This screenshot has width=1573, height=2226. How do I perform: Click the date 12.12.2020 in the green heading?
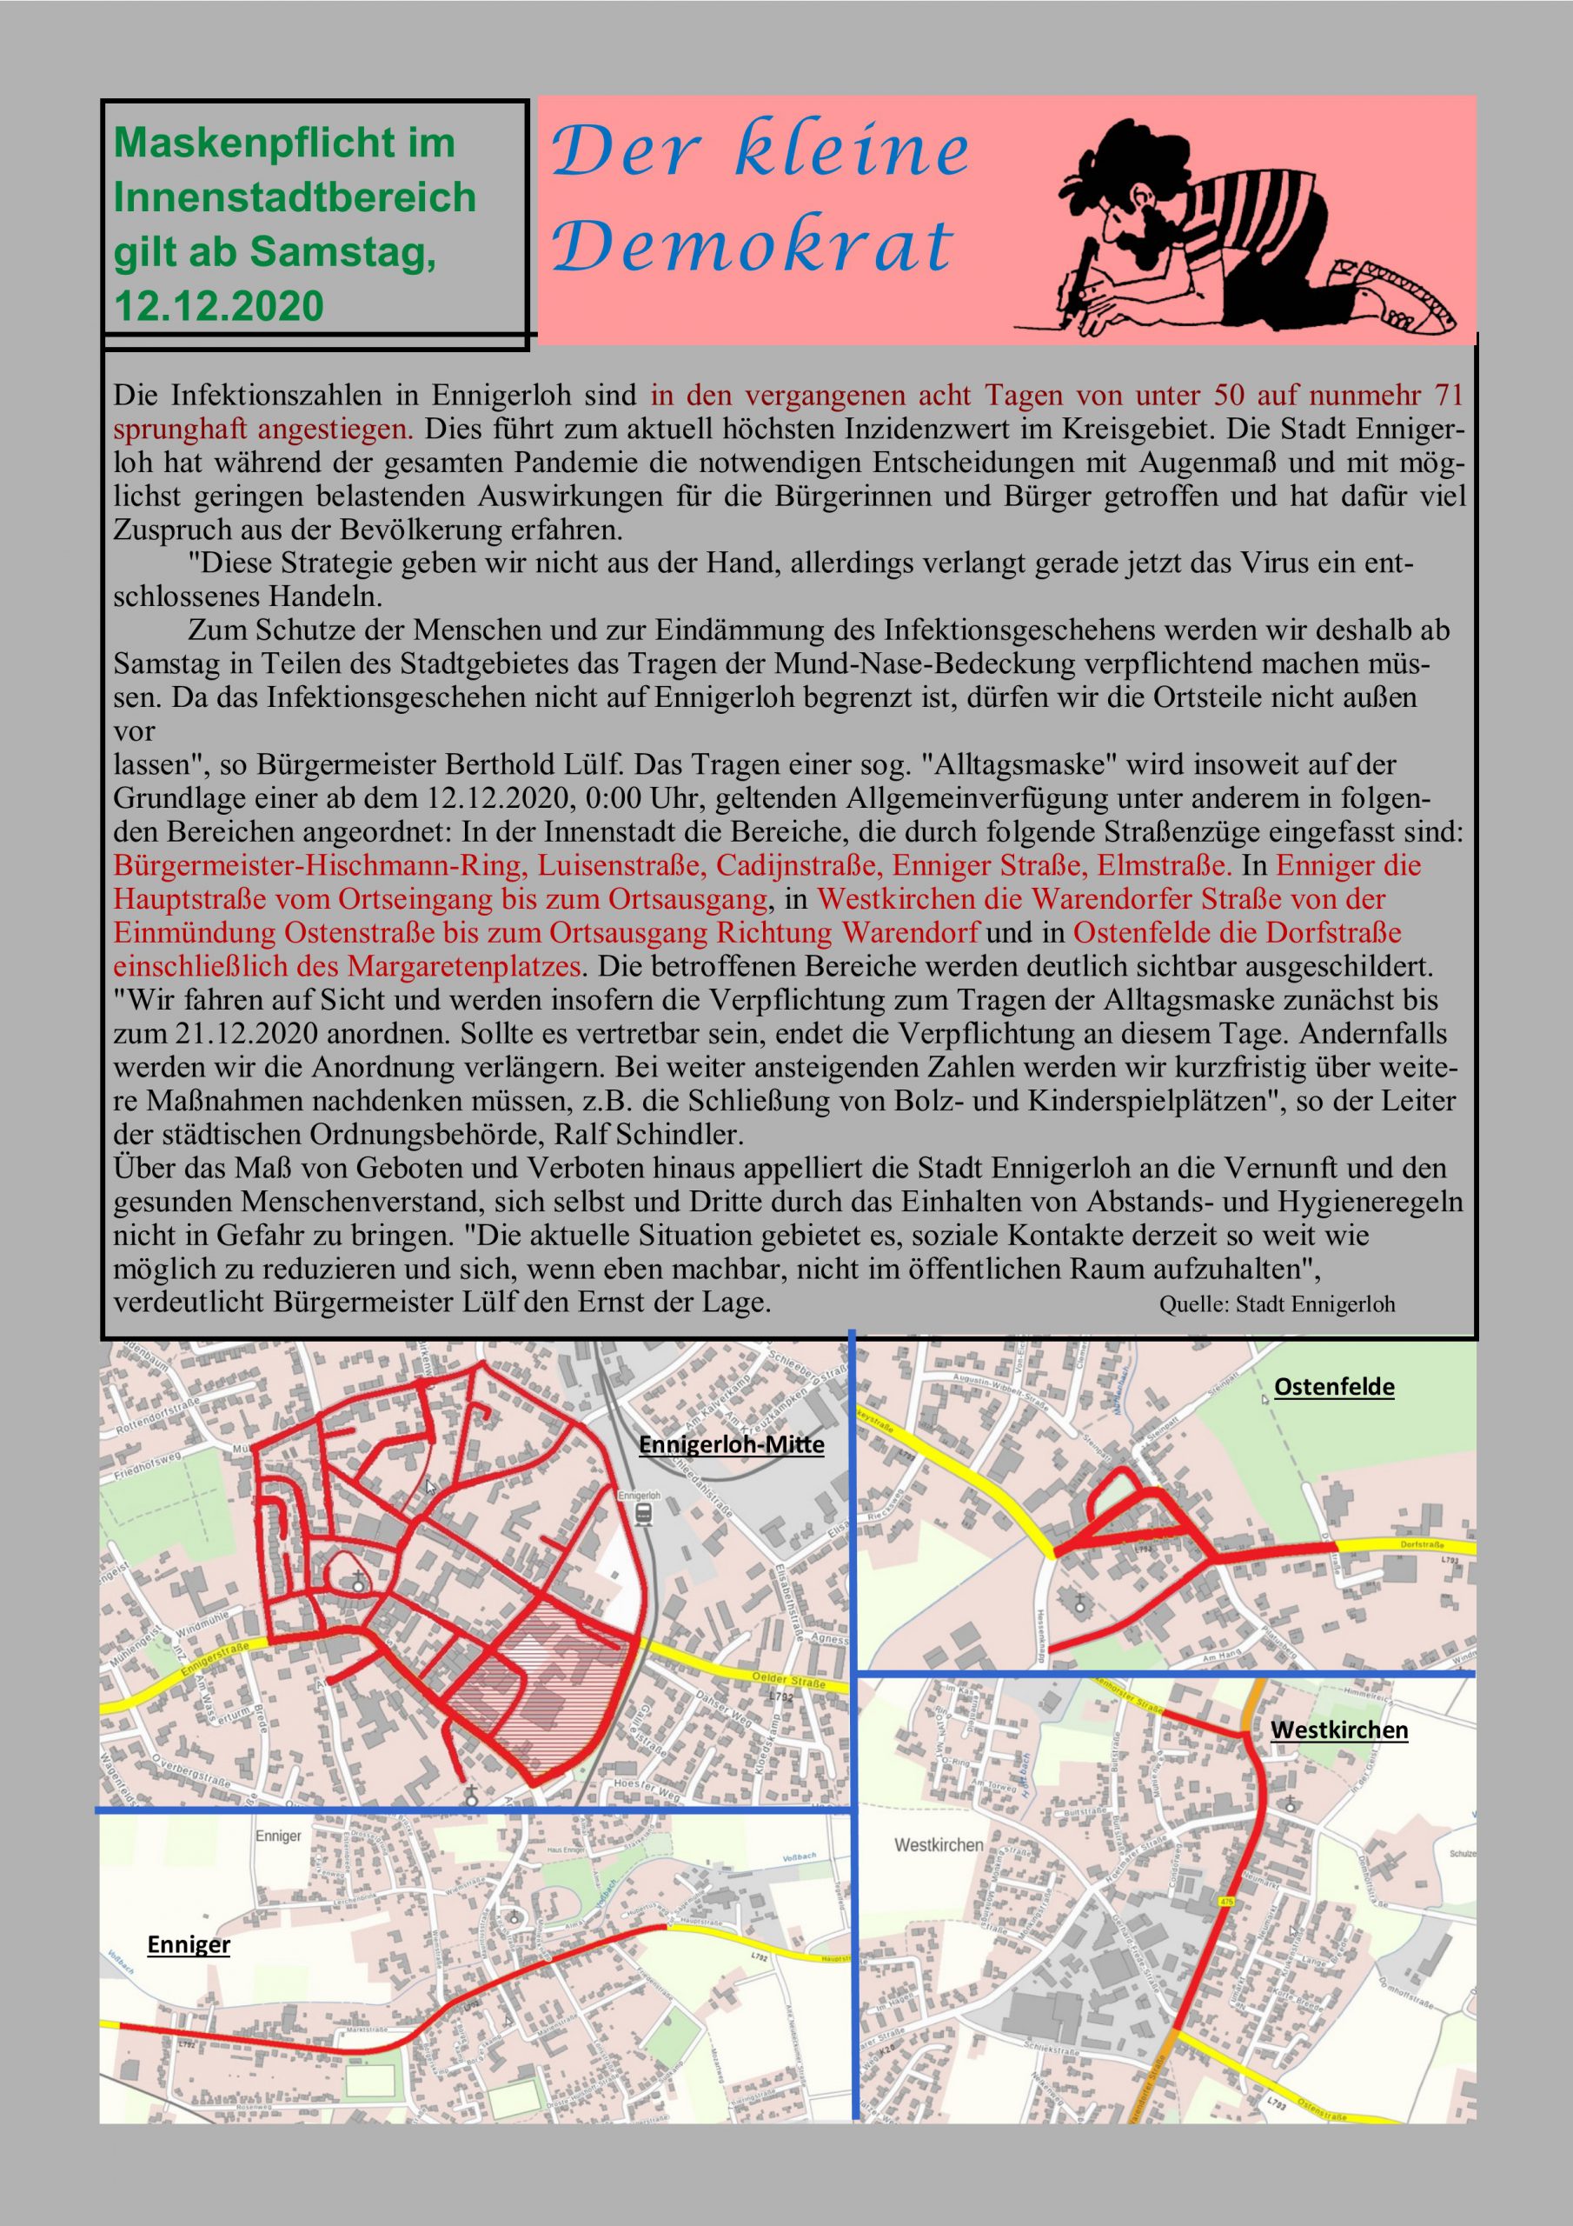(219, 306)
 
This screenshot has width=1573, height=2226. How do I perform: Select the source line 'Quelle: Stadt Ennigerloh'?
(1277, 1304)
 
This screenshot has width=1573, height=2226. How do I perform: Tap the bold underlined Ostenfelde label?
(1334, 1386)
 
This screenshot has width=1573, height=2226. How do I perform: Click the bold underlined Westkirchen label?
(1338, 1729)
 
